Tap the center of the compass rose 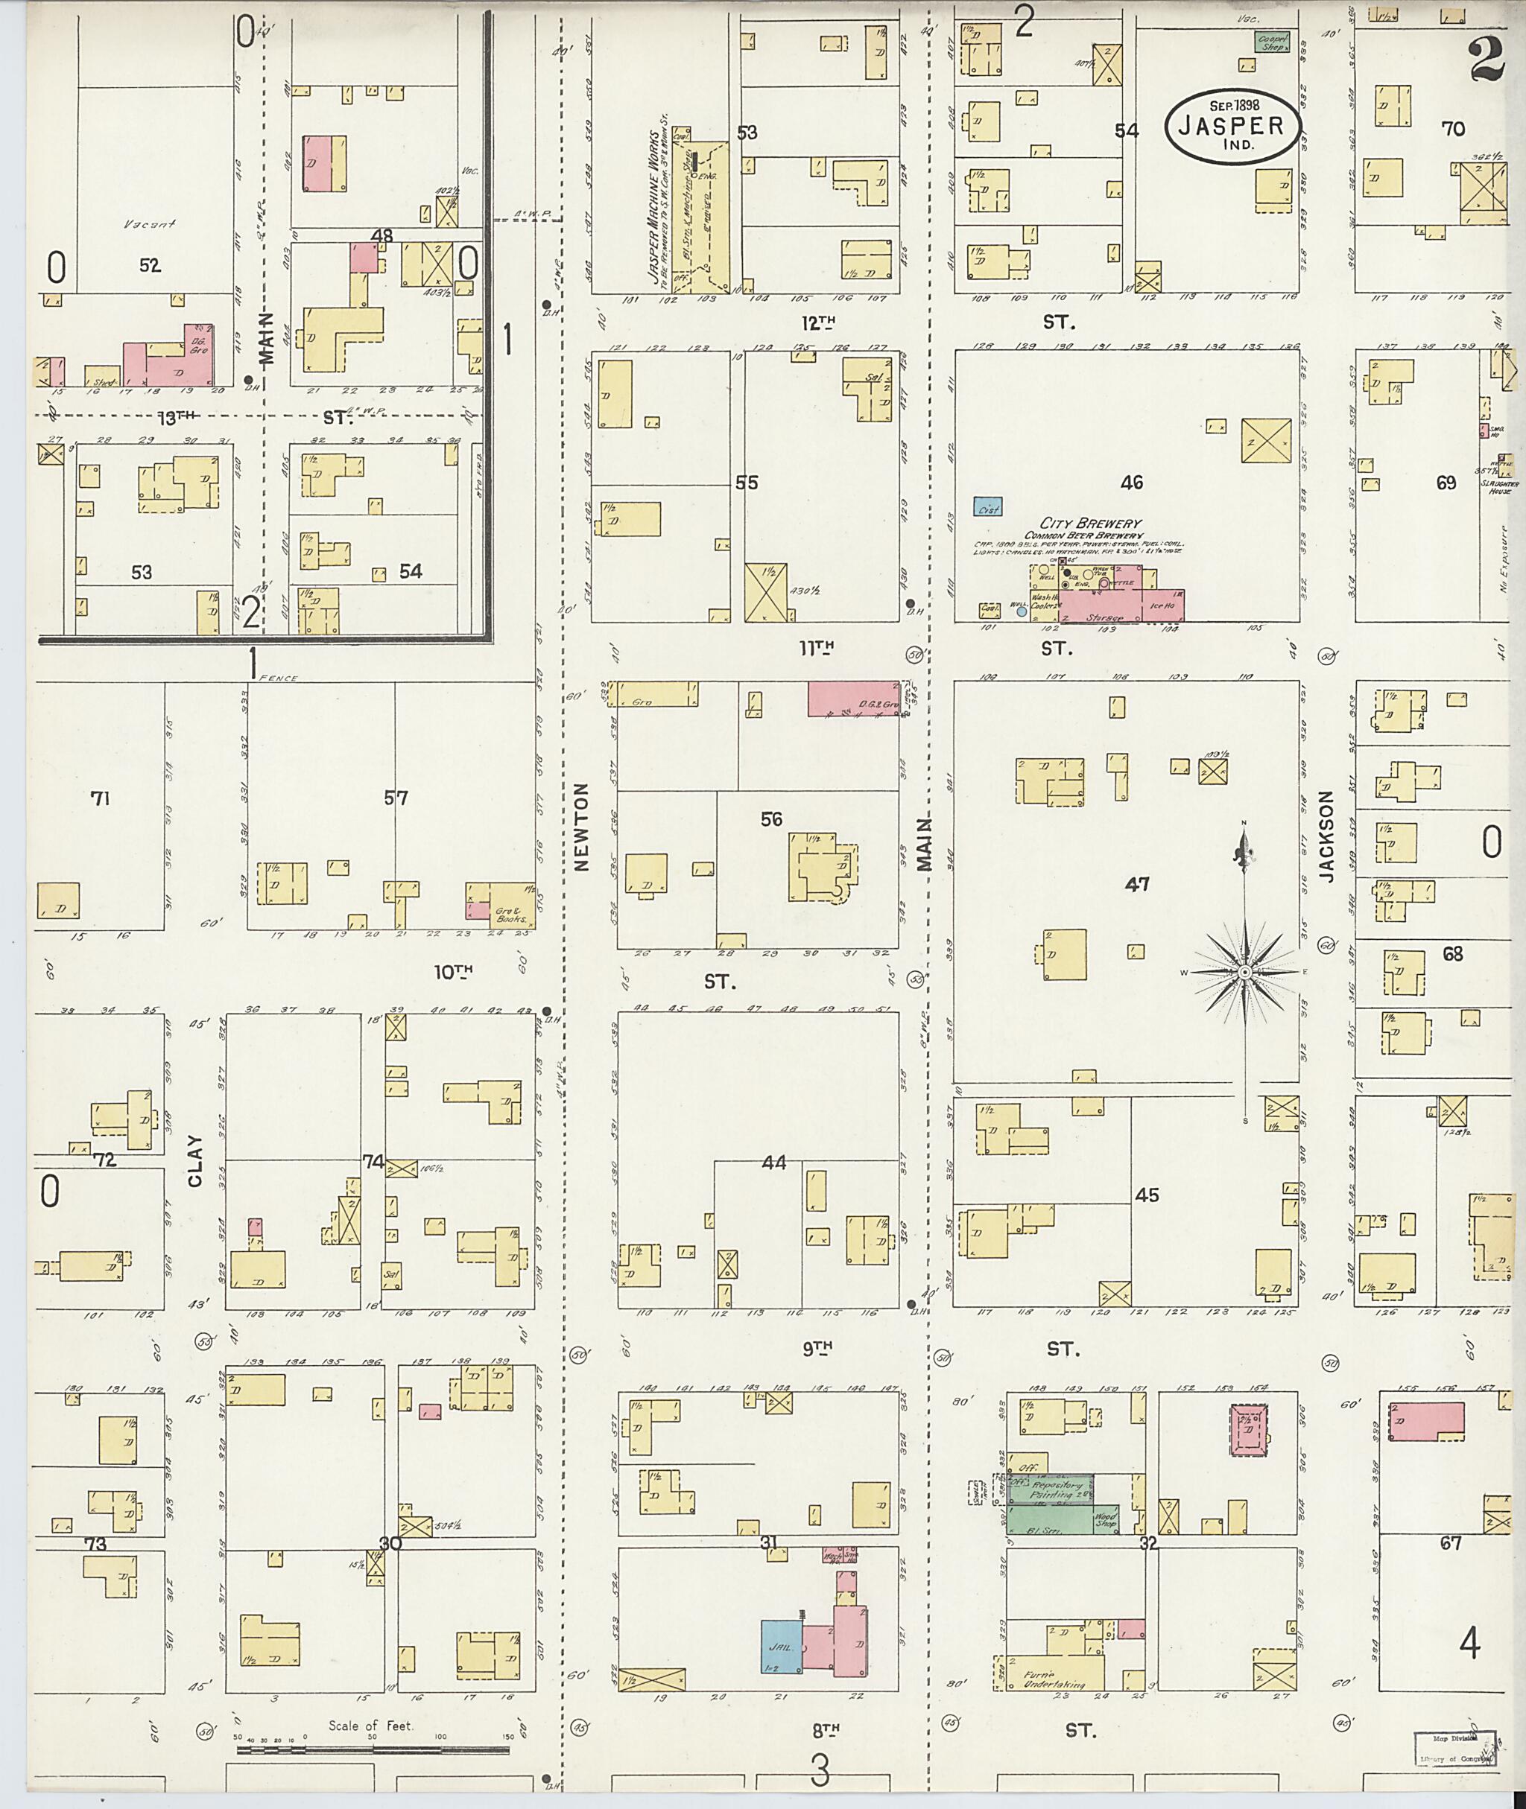tap(1244, 973)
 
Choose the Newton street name tap(580, 826)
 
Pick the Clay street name tap(194, 1160)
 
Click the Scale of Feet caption tap(370, 1725)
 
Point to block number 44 tap(773, 1163)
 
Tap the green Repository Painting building tap(1050, 1488)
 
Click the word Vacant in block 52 tap(150, 224)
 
